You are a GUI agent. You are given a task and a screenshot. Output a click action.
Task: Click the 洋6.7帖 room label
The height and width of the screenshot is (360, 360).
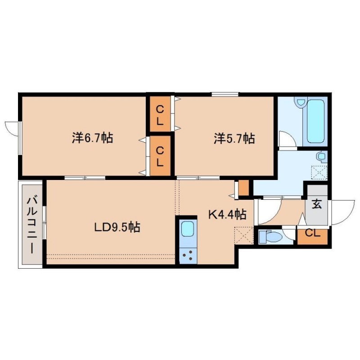click(92, 138)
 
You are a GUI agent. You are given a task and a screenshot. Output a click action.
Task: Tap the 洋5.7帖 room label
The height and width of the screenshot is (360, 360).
click(234, 139)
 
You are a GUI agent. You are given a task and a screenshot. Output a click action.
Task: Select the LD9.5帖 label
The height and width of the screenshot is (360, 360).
click(117, 227)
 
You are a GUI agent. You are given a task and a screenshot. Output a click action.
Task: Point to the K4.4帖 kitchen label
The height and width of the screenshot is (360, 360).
click(227, 215)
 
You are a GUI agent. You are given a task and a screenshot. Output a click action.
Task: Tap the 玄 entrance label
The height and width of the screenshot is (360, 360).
click(316, 204)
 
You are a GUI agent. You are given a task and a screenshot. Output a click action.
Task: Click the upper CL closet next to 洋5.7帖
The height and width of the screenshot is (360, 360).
click(160, 114)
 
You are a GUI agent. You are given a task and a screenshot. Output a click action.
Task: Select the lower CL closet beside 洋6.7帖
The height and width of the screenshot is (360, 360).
click(160, 156)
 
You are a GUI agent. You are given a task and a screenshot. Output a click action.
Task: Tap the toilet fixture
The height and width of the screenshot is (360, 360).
click(269, 237)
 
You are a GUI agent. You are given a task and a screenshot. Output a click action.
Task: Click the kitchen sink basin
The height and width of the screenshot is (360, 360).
click(188, 229)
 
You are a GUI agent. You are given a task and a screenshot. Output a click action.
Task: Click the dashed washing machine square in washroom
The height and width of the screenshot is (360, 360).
click(319, 173)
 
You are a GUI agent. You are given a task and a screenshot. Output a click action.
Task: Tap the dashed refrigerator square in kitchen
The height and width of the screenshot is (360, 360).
click(244, 235)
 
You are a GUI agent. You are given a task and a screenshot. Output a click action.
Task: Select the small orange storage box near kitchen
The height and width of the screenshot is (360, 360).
click(243, 188)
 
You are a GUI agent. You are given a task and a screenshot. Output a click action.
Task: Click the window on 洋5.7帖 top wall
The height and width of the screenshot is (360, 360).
click(225, 94)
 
